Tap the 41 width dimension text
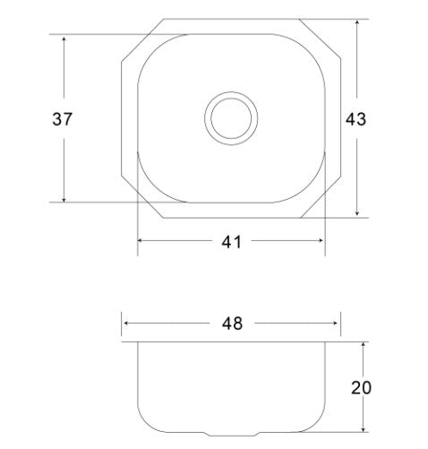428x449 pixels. coord(231,240)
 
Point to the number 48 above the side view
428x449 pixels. coord(231,323)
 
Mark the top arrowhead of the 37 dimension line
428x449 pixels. coord(64,39)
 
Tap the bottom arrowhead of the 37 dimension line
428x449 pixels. coord(64,199)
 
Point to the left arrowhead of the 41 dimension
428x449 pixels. coord(141,240)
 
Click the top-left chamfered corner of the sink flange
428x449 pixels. coord(141,39)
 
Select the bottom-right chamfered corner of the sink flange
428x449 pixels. coord(321,198)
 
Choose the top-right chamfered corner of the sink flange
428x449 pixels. coord(321,39)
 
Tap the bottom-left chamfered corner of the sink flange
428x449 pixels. coord(141,198)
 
